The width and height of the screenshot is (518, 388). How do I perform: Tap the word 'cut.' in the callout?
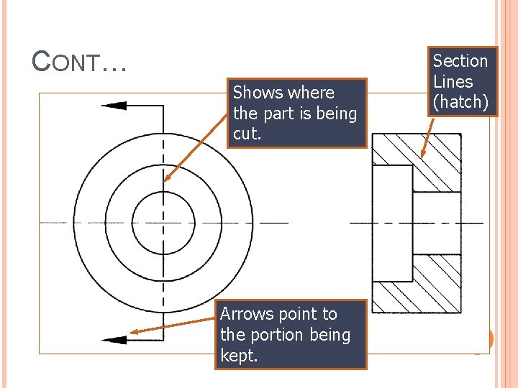(247, 134)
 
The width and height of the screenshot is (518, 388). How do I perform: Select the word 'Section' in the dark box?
(460, 61)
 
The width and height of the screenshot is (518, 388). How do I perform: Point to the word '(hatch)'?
(460, 102)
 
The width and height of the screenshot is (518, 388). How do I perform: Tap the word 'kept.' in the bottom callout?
(239, 356)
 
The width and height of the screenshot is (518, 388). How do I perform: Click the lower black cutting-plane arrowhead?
(114, 339)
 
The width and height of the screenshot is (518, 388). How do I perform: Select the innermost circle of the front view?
(164, 223)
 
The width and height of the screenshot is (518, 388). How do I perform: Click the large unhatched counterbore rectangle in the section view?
(392, 223)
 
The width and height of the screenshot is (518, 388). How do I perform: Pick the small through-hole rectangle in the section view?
(437, 223)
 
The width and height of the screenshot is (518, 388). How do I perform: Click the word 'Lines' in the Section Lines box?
(453, 81)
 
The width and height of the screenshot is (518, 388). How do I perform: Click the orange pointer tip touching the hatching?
(422, 157)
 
